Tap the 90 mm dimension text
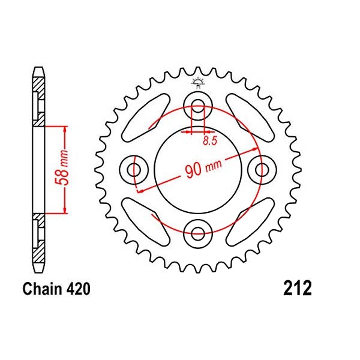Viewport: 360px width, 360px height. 203,167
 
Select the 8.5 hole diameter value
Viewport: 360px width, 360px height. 210,141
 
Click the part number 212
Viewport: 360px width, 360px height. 298,288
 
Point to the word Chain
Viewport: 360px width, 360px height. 42,289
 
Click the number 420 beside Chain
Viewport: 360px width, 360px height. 78,289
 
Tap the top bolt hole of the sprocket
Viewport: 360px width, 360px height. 198,106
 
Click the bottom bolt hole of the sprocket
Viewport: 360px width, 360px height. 198,234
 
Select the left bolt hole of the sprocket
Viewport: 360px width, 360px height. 134,170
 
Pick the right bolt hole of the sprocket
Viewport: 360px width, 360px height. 262,170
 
